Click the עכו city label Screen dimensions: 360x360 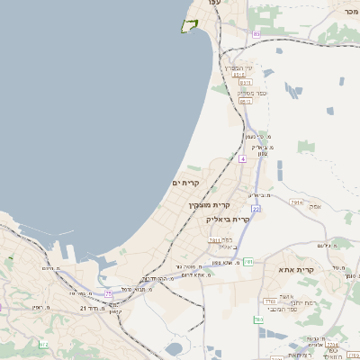pos(213,4)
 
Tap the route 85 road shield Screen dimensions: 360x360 pos(256,33)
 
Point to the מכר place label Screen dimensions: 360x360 pos(350,11)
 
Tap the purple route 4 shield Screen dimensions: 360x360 pos(242,159)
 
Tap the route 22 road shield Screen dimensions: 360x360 pos(256,209)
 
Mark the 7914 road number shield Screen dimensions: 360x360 pos(295,204)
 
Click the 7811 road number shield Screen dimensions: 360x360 pos(214,240)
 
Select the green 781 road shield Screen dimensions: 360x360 pos(247,262)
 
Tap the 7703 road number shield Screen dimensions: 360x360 pos(270,301)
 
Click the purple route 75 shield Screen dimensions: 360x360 pos(109,293)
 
